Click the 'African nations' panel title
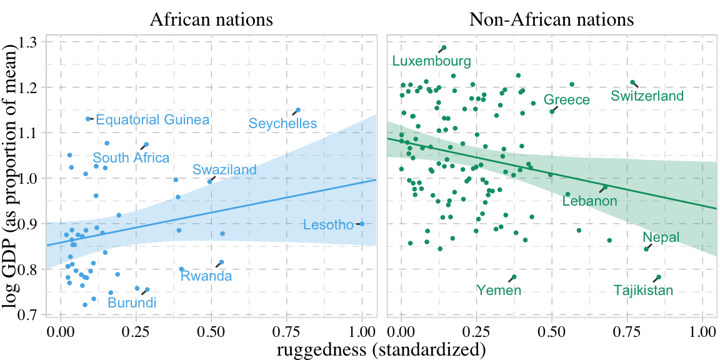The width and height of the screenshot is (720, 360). coord(211,19)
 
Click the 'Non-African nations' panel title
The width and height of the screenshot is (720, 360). coord(551,19)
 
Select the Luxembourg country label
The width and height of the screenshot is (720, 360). coord(431,61)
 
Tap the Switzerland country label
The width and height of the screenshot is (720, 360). coord(647,96)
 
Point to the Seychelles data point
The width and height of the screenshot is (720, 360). coord(298,110)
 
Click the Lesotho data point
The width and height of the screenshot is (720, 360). coord(362,224)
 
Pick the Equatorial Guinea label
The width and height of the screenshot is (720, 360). coord(152,120)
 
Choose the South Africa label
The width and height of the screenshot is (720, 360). coord(131,157)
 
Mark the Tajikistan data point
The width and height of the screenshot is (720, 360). coord(658,277)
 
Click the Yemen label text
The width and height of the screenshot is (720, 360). coord(499,290)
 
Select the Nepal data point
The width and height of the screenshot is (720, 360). coord(646,249)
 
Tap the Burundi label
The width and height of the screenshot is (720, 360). coord(132,303)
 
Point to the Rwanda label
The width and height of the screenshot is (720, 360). coord(206,276)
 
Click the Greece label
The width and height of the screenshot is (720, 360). coord(566,100)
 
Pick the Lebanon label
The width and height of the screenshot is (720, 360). coord(589,201)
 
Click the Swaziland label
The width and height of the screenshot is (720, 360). coord(224,170)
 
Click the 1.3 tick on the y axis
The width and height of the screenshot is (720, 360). coord(28,42)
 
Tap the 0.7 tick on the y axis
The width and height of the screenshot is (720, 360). coord(28,314)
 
